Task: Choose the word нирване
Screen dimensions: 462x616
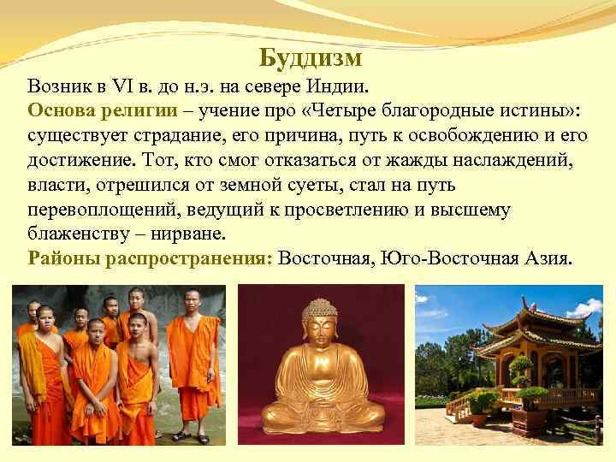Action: click(x=183, y=233)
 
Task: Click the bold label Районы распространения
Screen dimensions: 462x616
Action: click(x=150, y=258)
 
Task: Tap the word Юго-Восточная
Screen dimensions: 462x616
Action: click(x=436, y=258)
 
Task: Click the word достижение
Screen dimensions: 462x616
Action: click(x=77, y=160)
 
